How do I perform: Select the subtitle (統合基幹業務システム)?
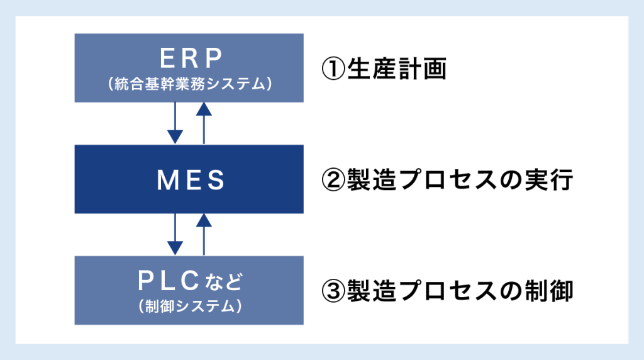coord(189,83)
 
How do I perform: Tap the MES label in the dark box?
coord(189,181)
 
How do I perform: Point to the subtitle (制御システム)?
coord(189,306)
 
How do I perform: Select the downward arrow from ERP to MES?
coord(175,123)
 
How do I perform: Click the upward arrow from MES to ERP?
coord(204,123)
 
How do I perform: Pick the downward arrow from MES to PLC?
coord(175,234)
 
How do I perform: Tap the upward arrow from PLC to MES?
coord(204,234)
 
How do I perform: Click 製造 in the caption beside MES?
coord(372,181)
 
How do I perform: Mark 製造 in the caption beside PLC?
coord(372,291)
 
